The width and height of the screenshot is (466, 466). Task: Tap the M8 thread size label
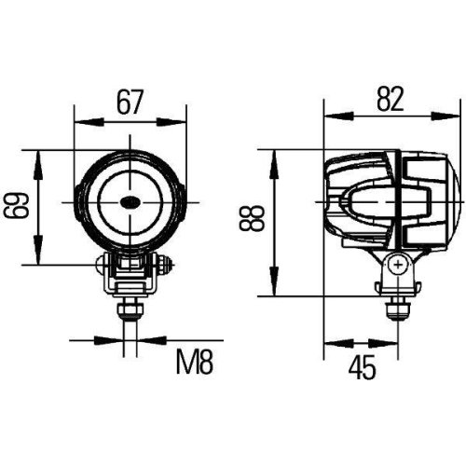195,360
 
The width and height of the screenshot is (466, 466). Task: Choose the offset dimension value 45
364,370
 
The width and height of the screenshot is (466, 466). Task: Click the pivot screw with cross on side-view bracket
398,266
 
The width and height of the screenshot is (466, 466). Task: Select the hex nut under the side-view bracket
398,304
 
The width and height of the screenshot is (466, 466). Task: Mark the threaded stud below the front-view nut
130,321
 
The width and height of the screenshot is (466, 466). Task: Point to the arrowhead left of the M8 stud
118,340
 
